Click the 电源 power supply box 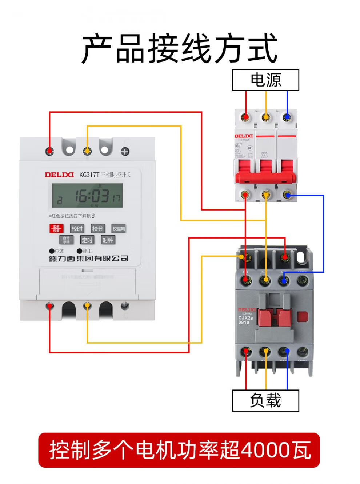265,80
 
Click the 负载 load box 265,401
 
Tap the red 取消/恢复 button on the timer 56,228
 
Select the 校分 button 97,228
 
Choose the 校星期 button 119,228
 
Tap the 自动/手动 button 66,240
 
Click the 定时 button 87,240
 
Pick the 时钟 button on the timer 108,240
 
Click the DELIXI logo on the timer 59,175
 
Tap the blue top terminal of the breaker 287,117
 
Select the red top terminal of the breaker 246,117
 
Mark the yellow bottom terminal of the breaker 267,195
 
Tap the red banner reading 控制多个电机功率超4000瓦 179,450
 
